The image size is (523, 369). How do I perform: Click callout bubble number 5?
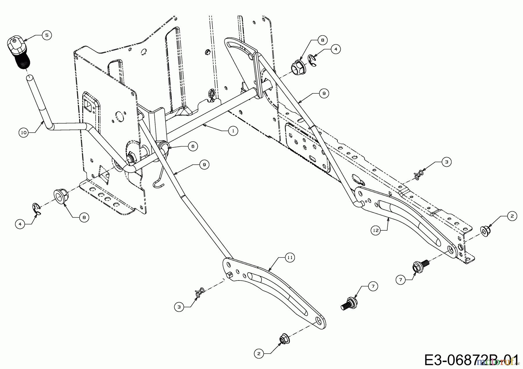click(x=46, y=35)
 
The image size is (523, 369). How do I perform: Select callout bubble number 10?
click(x=24, y=133)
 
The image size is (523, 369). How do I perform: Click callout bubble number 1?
click(x=233, y=131)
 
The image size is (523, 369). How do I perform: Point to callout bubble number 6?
click(x=193, y=146)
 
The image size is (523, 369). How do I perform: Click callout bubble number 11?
click(x=290, y=258)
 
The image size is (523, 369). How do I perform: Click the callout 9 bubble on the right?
click(x=324, y=93)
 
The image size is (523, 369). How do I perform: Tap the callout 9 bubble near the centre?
click(x=204, y=164)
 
